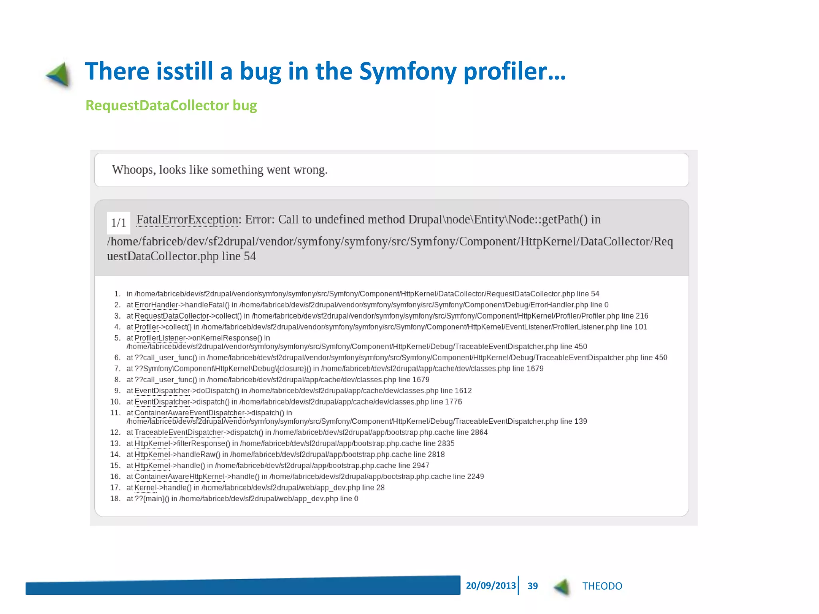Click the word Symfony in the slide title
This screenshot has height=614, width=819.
point(408,72)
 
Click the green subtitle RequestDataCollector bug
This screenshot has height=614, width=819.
point(171,106)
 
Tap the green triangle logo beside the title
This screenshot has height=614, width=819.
point(59,75)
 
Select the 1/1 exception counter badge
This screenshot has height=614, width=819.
point(118,223)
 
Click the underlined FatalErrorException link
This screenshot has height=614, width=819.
point(188,219)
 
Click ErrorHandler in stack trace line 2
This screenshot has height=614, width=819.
point(156,305)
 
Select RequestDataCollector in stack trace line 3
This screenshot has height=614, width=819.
point(172,316)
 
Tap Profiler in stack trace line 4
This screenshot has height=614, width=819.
point(146,327)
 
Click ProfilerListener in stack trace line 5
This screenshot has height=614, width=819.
point(160,338)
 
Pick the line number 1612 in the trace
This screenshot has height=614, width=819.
point(463,391)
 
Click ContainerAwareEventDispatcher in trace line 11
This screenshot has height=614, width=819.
point(189,413)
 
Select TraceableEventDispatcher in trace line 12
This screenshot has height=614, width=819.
point(179,433)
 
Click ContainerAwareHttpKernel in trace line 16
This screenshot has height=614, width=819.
point(180,477)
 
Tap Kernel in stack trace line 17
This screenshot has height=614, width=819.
point(145,488)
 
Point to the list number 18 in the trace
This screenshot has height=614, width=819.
point(115,499)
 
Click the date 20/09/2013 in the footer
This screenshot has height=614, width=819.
point(491,586)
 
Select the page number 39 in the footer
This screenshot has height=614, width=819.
point(532,586)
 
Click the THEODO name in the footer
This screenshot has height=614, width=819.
point(602,586)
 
